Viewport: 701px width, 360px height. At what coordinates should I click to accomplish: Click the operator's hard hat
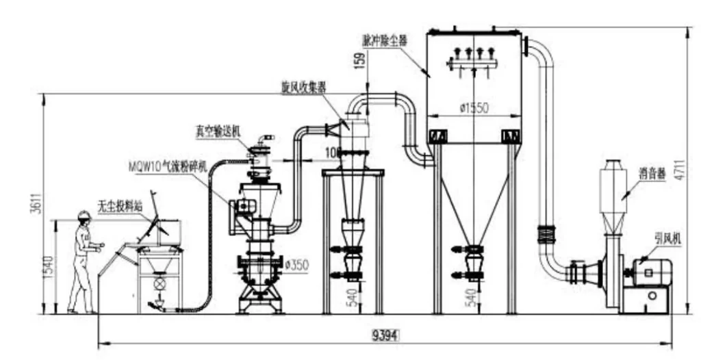84,215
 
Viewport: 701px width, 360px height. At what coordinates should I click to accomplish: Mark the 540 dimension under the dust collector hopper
471,297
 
